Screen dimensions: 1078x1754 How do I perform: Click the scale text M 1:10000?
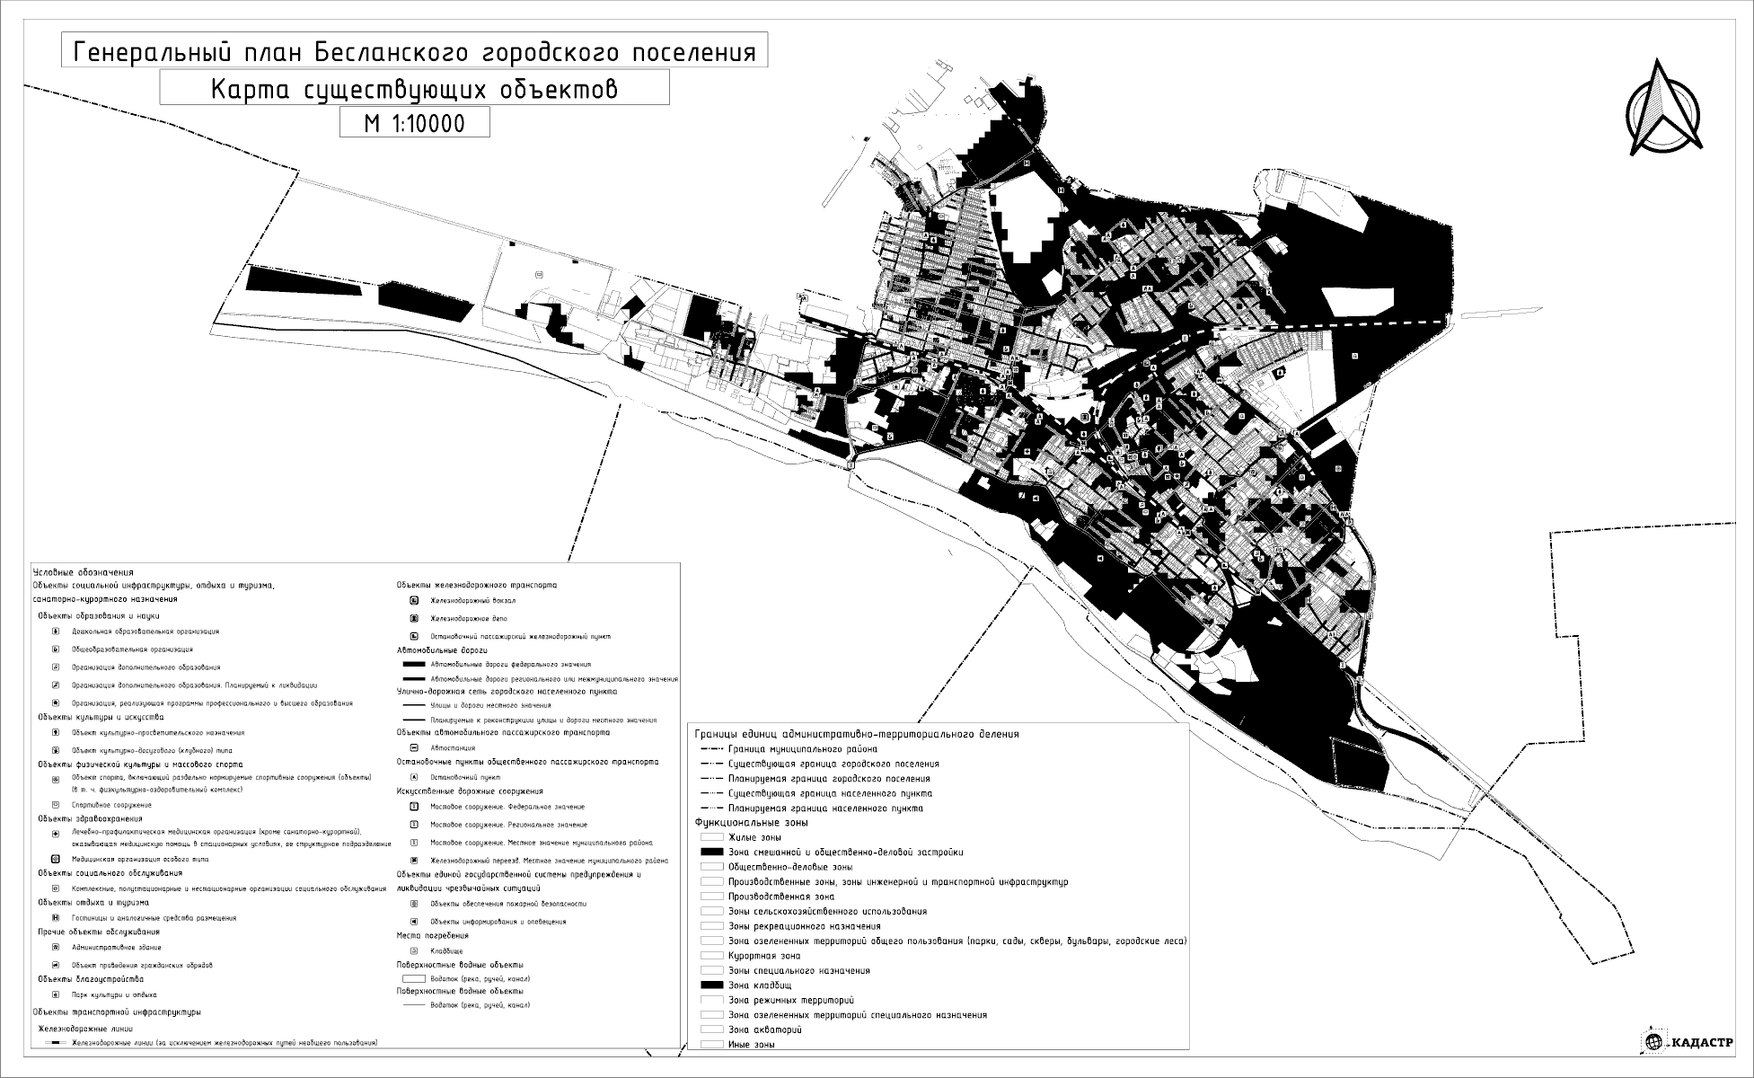pyautogui.click(x=414, y=122)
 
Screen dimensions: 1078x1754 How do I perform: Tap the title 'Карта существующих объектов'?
pyautogui.click(x=414, y=89)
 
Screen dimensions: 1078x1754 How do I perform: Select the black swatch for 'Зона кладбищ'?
pyautogui.click(x=711, y=985)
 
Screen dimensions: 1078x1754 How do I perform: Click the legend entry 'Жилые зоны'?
pyautogui.click(x=754, y=837)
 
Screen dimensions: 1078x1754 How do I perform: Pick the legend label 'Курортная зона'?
pyautogui.click(x=764, y=956)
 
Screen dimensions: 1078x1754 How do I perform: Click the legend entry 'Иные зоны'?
pyautogui.click(x=752, y=1045)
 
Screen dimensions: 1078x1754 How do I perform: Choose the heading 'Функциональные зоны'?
pyautogui.click(x=752, y=822)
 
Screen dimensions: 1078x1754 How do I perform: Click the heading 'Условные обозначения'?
pyautogui.click(x=83, y=572)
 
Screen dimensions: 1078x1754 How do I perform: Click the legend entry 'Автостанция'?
pyautogui.click(x=453, y=747)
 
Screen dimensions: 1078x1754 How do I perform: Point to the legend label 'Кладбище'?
pyautogui.click(x=446, y=950)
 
